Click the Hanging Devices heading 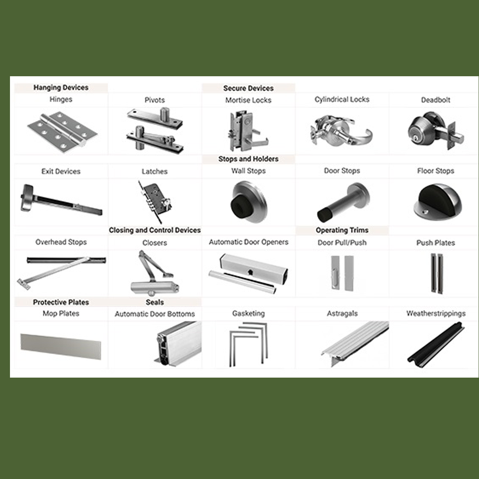click(61, 87)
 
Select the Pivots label click(154, 100)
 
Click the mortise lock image click(248, 131)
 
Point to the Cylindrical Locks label click(342, 99)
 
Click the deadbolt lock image click(435, 131)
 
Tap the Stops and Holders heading click(248, 159)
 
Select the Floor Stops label click(435, 171)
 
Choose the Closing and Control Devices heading click(154, 230)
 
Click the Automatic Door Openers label click(248, 242)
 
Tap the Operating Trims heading click(342, 230)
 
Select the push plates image click(437, 273)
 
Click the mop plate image click(61, 346)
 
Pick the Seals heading click(154, 302)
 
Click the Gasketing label click(248, 313)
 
